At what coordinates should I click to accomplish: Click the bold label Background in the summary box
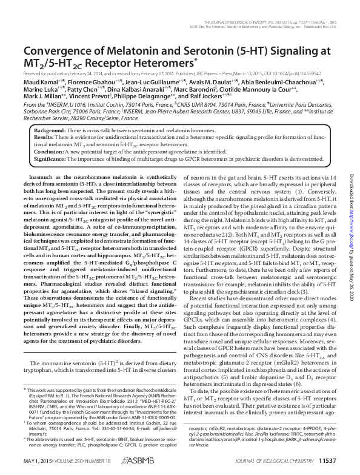(49, 131)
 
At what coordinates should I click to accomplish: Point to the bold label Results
(44, 138)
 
